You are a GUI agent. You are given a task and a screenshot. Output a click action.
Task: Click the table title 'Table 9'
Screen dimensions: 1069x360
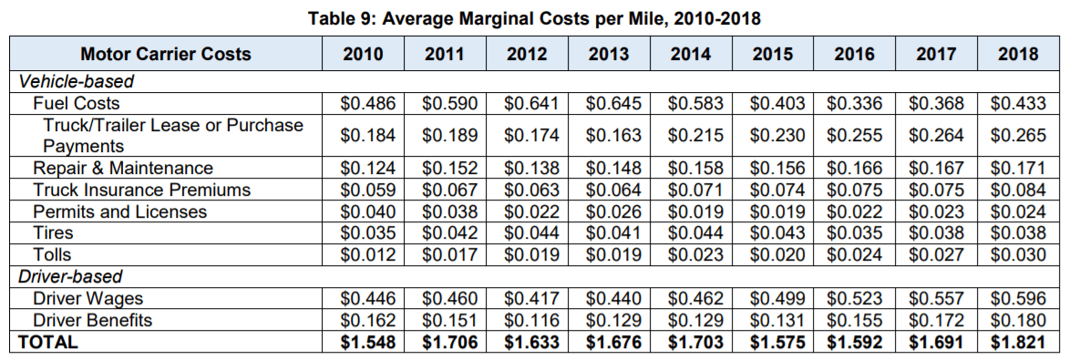[x=337, y=18]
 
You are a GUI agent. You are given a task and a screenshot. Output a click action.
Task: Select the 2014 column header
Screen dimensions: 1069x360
[x=691, y=54]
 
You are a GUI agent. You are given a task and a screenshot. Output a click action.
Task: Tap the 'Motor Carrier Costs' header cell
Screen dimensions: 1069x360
[x=166, y=54]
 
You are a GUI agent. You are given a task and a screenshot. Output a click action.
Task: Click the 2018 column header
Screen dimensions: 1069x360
[x=1018, y=54]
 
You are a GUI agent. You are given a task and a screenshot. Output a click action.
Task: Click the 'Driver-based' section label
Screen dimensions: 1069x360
[x=69, y=277]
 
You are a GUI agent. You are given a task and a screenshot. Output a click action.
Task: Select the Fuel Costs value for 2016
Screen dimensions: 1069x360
[x=855, y=103]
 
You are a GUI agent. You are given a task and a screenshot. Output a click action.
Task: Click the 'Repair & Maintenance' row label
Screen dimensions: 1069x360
[x=123, y=168]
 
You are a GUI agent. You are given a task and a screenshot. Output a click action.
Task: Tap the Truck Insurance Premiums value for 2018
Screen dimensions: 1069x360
[x=1018, y=190]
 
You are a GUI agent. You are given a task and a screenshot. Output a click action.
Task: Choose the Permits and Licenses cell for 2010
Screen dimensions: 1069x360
[x=368, y=211]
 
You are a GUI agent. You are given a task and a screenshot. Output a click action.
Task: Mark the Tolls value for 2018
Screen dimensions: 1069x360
[x=1018, y=254]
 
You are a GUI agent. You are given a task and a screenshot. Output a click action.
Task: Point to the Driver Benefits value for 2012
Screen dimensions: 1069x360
[x=532, y=320]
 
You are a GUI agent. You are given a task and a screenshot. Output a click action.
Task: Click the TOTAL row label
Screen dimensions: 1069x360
[x=47, y=342]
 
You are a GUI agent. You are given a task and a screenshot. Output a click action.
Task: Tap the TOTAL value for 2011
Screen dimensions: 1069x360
[x=450, y=342]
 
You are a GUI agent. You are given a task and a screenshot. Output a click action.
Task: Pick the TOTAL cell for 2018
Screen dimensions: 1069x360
[x=1018, y=342]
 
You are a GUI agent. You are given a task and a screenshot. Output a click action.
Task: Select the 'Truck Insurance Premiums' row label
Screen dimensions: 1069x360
[x=142, y=190]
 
